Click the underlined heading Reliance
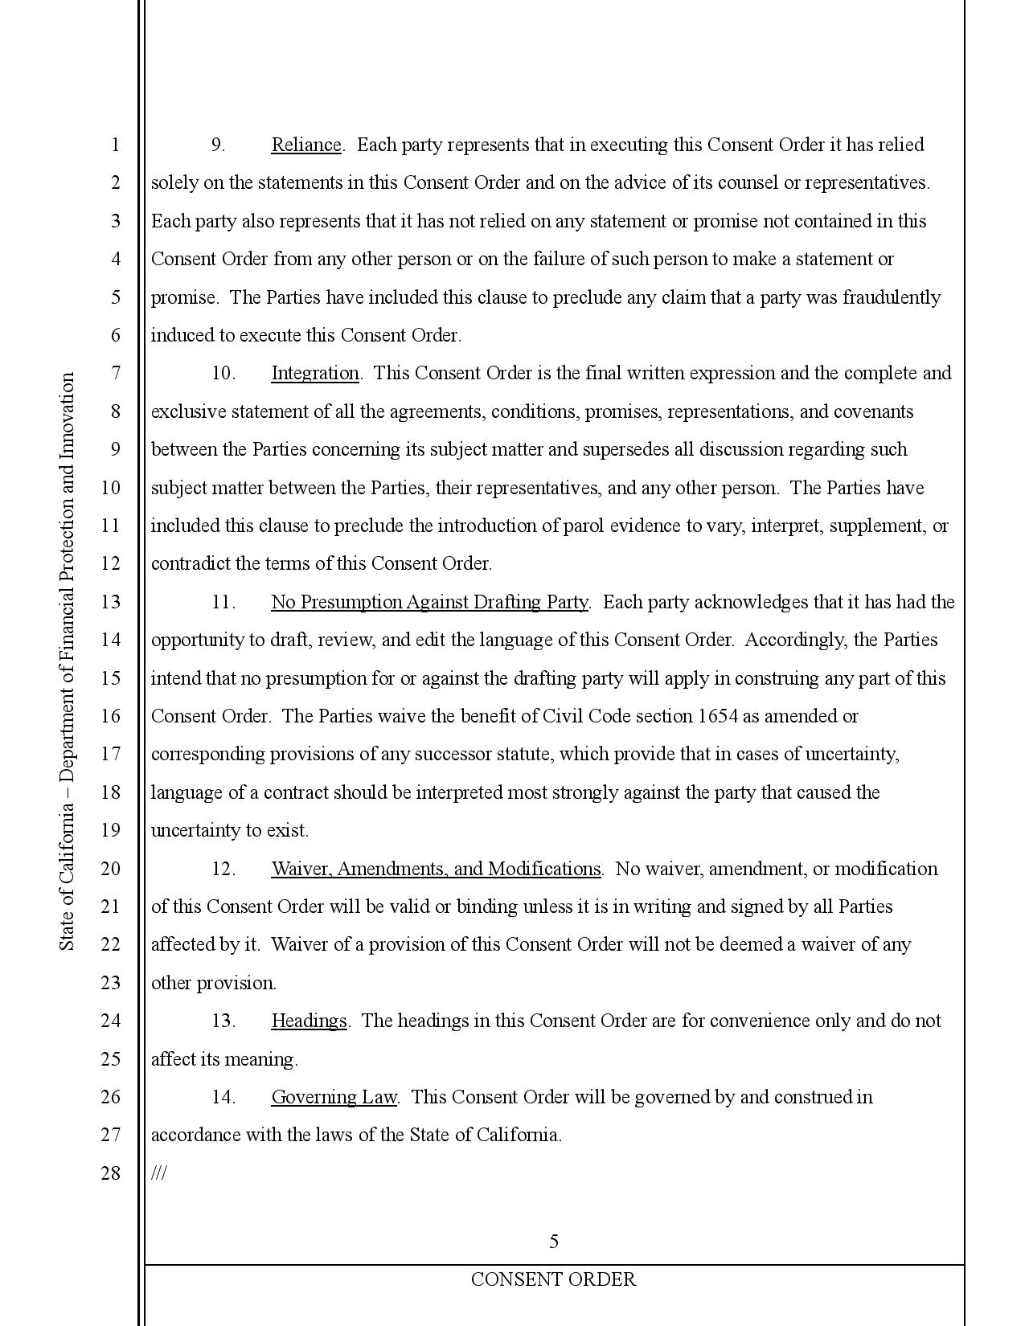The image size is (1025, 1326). [x=306, y=145]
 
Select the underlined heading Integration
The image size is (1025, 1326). [x=315, y=373]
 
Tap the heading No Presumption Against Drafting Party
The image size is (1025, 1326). [x=429, y=602]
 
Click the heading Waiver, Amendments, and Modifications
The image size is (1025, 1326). [x=436, y=869]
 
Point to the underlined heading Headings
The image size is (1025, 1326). [x=309, y=1021]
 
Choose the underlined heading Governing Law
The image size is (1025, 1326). [x=334, y=1097]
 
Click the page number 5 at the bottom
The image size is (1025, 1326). [x=554, y=1242]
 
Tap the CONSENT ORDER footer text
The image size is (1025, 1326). [x=553, y=1279]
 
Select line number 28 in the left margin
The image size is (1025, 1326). [x=110, y=1173]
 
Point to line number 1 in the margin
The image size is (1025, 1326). [x=115, y=145]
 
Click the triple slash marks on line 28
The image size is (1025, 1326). [x=158, y=1173]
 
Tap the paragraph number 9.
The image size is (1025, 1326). [x=217, y=145]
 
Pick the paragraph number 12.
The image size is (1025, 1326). [x=223, y=869]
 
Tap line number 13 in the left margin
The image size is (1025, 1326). [x=110, y=602]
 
